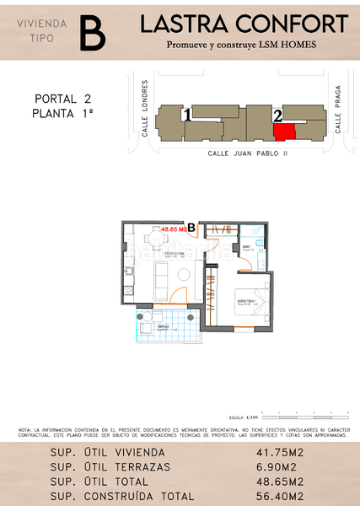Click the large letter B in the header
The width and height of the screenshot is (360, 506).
point(92,33)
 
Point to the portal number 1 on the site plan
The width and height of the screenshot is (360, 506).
point(187,114)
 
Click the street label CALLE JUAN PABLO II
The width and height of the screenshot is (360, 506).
point(248,153)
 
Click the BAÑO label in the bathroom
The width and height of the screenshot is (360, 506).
point(247,247)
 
